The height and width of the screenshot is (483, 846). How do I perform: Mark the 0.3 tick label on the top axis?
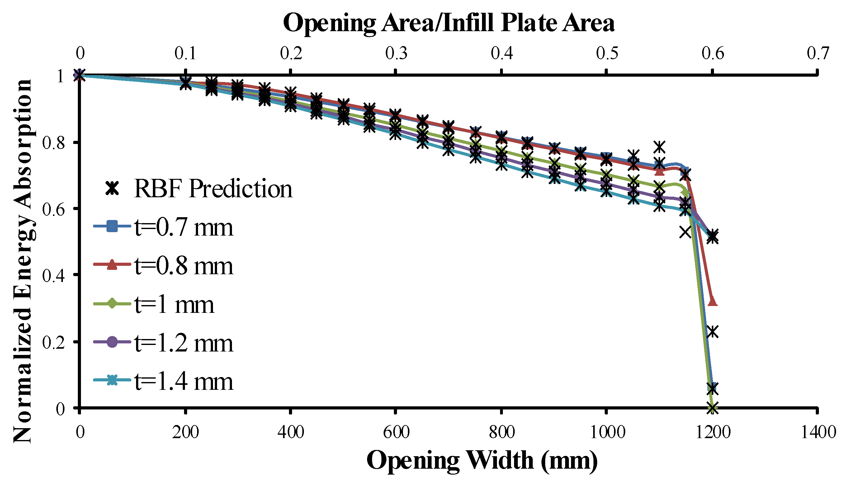[396, 53]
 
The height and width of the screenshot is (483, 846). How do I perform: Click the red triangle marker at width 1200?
[712, 301]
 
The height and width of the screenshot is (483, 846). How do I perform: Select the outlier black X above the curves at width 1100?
[660, 146]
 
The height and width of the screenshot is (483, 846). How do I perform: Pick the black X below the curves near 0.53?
[685, 232]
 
